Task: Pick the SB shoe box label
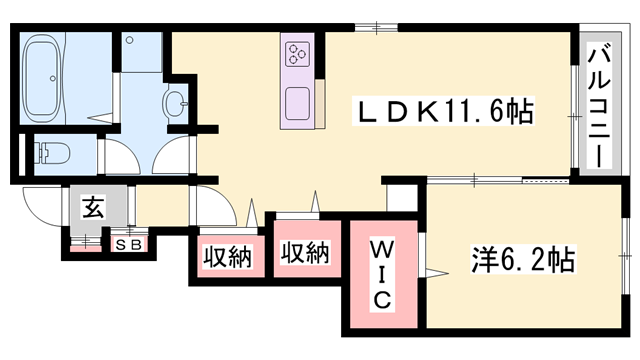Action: pos(128,243)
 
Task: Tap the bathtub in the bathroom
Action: pos(56,74)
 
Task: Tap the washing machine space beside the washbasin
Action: pos(140,55)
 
